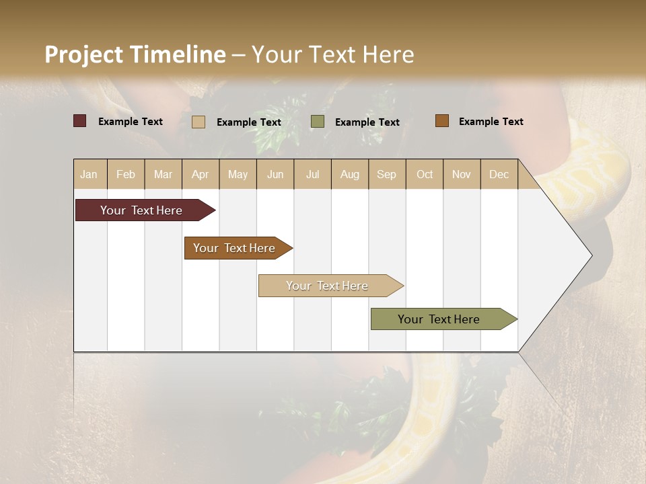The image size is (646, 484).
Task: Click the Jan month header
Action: coord(89,174)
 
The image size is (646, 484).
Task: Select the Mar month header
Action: coord(163,174)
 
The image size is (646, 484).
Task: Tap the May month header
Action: coord(238,174)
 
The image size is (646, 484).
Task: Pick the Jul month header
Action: coord(312,174)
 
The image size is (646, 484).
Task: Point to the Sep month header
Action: coord(386,174)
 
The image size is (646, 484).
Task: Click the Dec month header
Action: coord(499,174)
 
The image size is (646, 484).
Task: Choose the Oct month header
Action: coord(425,174)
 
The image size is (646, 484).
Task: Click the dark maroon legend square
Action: coord(79,121)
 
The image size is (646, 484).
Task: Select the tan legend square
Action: coord(198,122)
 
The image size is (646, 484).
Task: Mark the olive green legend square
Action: coord(318,121)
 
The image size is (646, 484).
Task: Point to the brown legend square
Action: coord(441,121)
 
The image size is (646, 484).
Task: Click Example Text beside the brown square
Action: coord(491,121)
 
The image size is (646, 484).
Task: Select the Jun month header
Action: coord(275,174)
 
